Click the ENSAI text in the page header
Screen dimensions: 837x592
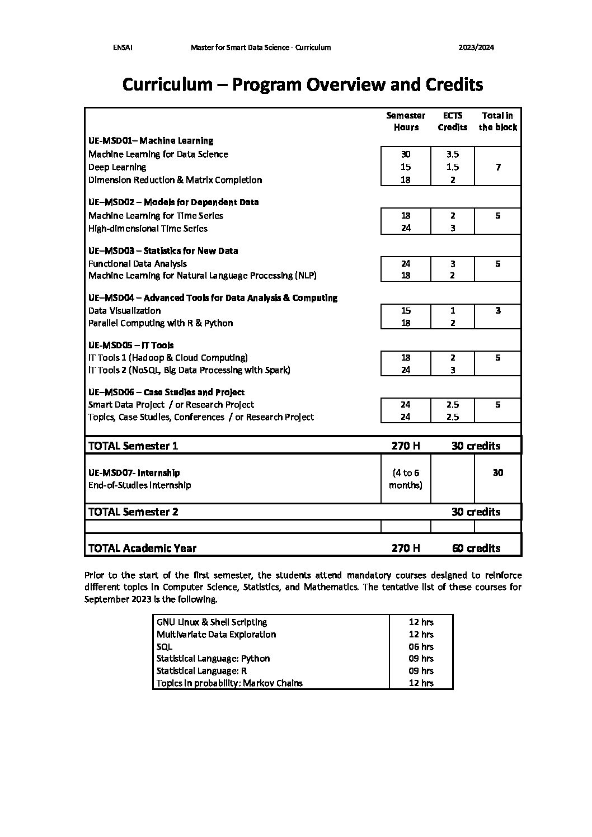[x=123, y=48]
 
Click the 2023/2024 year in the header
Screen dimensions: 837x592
[x=476, y=48]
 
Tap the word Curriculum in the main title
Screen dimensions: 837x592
[x=167, y=84]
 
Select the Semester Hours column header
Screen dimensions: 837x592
[x=406, y=121]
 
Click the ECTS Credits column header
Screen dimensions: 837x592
[x=452, y=121]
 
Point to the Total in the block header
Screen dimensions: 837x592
[x=497, y=121]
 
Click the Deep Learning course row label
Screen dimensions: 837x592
[x=117, y=167]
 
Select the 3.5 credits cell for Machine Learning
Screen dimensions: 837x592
[x=452, y=154]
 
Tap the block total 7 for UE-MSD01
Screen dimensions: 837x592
[x=498, y=167]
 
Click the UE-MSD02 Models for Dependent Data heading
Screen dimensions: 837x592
[x=173, y=202]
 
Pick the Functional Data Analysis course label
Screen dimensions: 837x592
[x=138, y=263]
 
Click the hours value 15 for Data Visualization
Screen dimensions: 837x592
[x=406, y=311]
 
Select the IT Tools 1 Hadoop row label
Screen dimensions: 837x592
[x=168, y=358]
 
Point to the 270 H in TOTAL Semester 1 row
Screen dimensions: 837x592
[x=406, y=446]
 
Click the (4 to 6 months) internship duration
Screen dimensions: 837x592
[x=406, y=479]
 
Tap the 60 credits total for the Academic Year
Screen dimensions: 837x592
[x=476, y=548]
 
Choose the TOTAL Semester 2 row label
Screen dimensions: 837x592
[x=133, y=512]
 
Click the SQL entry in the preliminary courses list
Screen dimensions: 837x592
[x=165, y=647]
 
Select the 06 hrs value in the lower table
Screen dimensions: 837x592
[x=421, y=647]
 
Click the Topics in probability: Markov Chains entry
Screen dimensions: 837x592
[x=229, y=683]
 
